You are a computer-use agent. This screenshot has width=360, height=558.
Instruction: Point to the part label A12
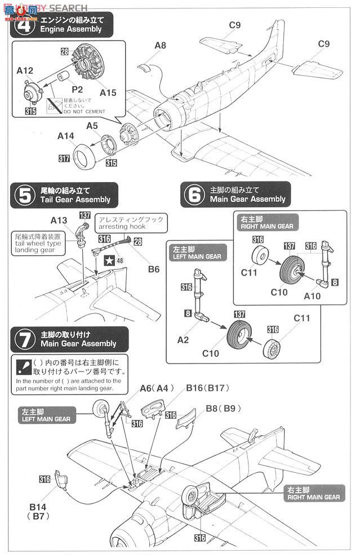tap(26, 71)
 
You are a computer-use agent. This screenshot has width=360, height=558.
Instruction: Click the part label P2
tap(77, 89)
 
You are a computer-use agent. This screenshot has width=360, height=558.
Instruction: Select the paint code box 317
tap(64, 159)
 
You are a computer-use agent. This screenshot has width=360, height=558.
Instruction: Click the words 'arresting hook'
tap(122, 227)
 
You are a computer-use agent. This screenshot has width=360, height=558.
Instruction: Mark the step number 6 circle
tap(193, 195)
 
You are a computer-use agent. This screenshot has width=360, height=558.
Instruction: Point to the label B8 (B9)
tap(219, 408)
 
